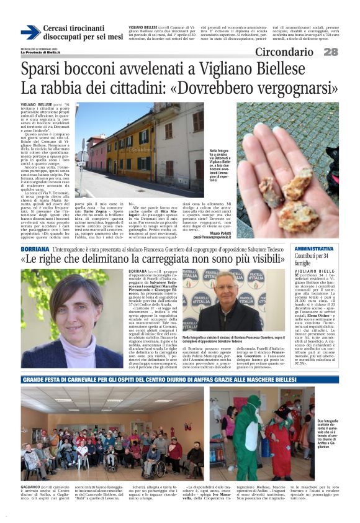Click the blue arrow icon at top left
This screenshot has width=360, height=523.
pyautogui.click(x=30, y=32)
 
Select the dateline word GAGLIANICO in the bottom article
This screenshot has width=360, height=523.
pyautogui.click(x=34, y=487)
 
